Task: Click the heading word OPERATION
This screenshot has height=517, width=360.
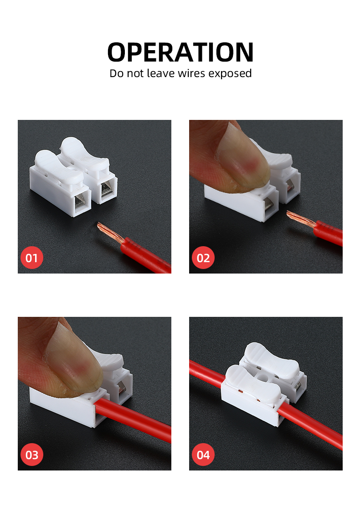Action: pos(180,52)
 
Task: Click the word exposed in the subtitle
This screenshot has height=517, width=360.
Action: pos(230,73)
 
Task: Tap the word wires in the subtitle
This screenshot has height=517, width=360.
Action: pos(189,73)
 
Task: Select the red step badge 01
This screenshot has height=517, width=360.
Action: pos(31,258)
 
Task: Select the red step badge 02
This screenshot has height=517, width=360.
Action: pos(203,258)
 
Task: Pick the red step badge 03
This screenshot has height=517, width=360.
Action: pos(31,455)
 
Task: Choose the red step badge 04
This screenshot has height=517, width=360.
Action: pos(203,455)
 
